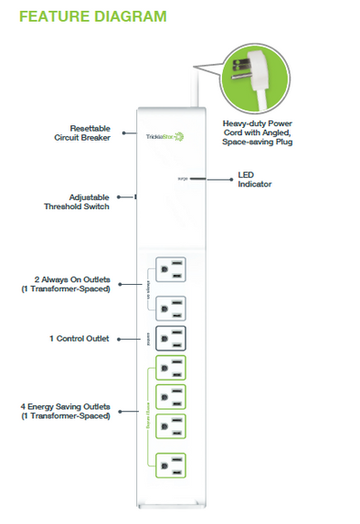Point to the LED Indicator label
point(254,180)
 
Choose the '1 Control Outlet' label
point(79,338)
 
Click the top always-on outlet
point(170,269)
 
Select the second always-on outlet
point(170,308)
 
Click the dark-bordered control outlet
point(170,339)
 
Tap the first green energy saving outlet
point(170,368)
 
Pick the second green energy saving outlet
point(170,397)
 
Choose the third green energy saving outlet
point(170,426)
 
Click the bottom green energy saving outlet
point(170,466)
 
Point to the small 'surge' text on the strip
point(183,180)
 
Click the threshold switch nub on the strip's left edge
point(135,195)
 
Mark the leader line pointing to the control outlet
point(128,339)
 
